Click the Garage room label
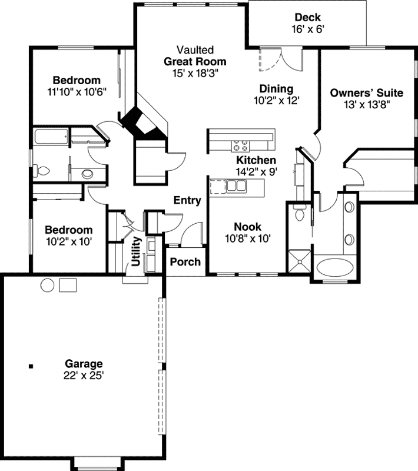(84, 364)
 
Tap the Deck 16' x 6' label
(308, 22)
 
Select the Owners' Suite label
(366, 92)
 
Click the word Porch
(185, 262)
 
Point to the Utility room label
(136, 251)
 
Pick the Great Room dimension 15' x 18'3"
(195, 72)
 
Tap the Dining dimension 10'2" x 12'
(277, 101)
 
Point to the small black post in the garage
(31, 366)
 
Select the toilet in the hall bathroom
(42, 171)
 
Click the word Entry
(187, 200)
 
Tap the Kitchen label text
(256, 160)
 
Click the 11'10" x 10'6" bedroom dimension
(77, 92)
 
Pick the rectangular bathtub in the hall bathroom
(49, 138)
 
